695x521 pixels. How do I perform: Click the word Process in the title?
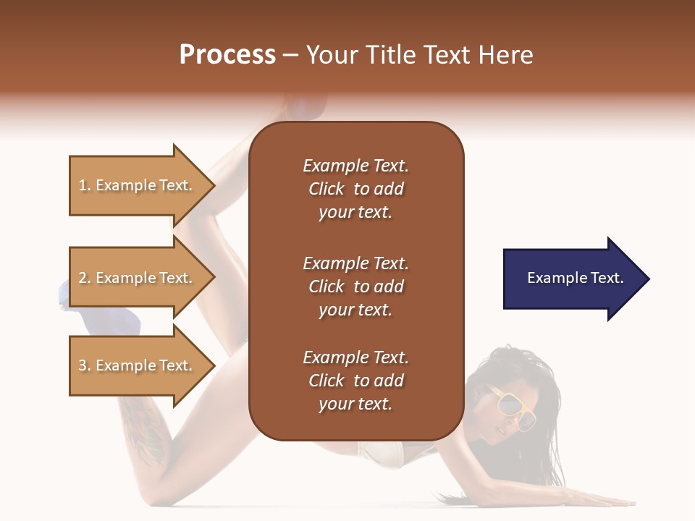227,55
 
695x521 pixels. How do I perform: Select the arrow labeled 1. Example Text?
138,185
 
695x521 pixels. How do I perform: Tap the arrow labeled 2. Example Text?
138,278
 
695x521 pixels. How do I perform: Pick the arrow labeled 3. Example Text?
138,365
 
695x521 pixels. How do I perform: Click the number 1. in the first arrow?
85,185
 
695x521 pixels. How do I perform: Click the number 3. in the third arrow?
85,365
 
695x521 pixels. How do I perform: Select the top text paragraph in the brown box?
355,189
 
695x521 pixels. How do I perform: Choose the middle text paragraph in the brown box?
355,287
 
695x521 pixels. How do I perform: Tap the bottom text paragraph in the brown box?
355,381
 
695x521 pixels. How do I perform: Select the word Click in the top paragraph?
327,189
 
